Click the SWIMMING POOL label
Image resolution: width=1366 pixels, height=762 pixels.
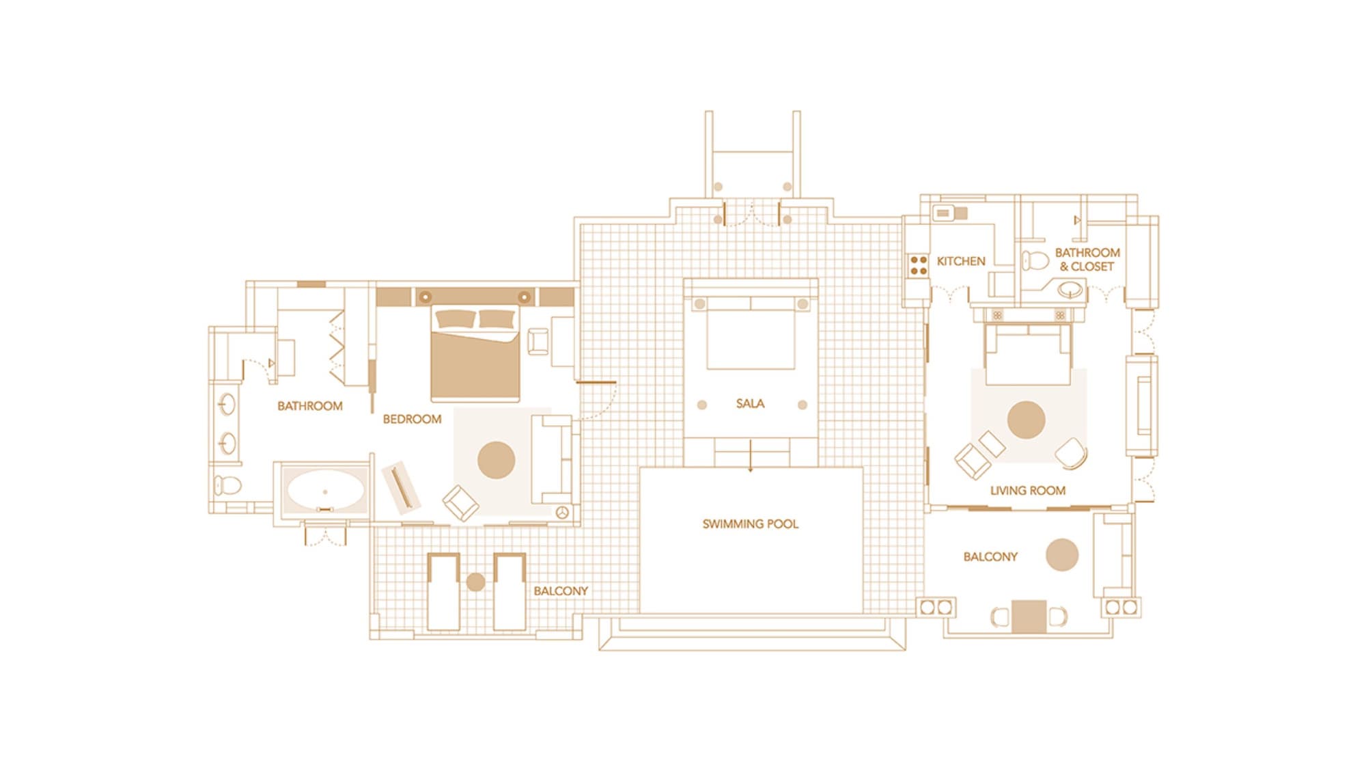point(750,524)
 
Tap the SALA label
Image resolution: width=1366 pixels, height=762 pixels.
point(750,403)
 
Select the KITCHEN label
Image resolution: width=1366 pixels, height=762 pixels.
point(960,261)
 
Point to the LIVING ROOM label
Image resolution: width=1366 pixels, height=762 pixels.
point(1027,490)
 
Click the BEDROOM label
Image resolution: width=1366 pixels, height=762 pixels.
point(412,419)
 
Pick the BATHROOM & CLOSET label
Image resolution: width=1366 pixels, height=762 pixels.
point(1087,260)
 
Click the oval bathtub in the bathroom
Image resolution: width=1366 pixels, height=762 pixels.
point(325,491)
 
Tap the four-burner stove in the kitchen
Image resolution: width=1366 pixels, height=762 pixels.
point(919,265)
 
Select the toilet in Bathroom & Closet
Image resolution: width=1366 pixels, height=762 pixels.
point(1035,260)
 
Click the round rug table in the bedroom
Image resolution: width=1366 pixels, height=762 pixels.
point(496,460)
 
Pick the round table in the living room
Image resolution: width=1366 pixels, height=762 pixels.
point(1026,420)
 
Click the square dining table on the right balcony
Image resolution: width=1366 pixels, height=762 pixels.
point(1029,616)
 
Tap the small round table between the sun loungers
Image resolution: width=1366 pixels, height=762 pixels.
point(475,582)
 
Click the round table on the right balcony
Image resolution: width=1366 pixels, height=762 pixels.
point(1062,555)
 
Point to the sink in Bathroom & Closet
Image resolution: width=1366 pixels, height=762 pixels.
point(1070,290)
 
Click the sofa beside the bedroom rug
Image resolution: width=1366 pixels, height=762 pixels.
point(552,459)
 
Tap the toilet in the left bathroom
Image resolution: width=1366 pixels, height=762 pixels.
point(227,486)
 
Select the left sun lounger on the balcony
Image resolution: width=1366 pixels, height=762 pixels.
point(443,592)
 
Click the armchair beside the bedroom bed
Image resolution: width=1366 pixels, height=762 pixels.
point(538,342)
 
